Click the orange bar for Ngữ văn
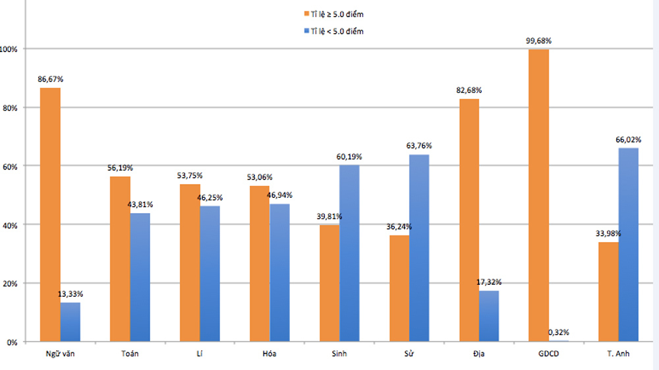[50, 214]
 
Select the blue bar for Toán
[140, 277]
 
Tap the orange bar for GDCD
[538, 195]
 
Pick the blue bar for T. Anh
[628, 245]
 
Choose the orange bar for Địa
[469, 220]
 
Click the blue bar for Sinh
[349, 253]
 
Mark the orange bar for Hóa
[259, 264]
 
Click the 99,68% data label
[538, 41]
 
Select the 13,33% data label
[70, 293]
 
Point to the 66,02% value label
[628, 140]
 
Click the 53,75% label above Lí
[190, 175]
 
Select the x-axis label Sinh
[339, 354]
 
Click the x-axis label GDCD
[548, 354]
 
